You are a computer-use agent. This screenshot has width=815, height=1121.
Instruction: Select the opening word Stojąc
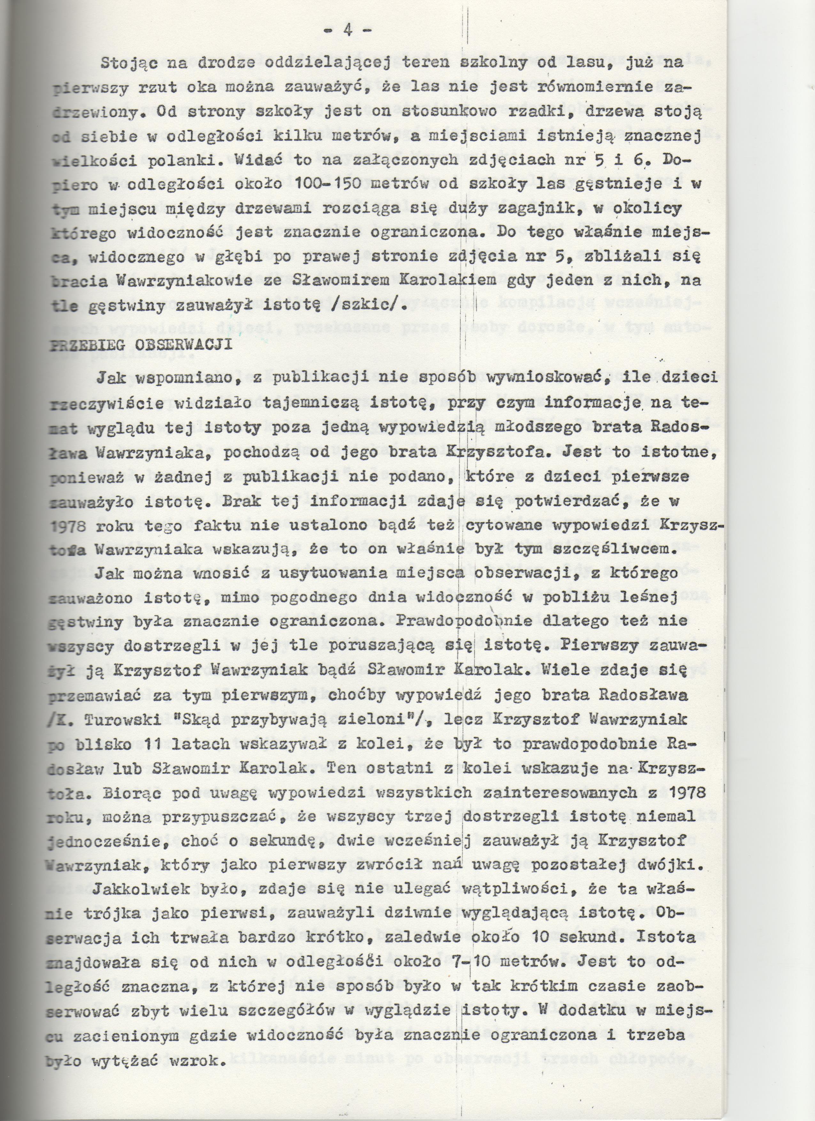tap(127, 63)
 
